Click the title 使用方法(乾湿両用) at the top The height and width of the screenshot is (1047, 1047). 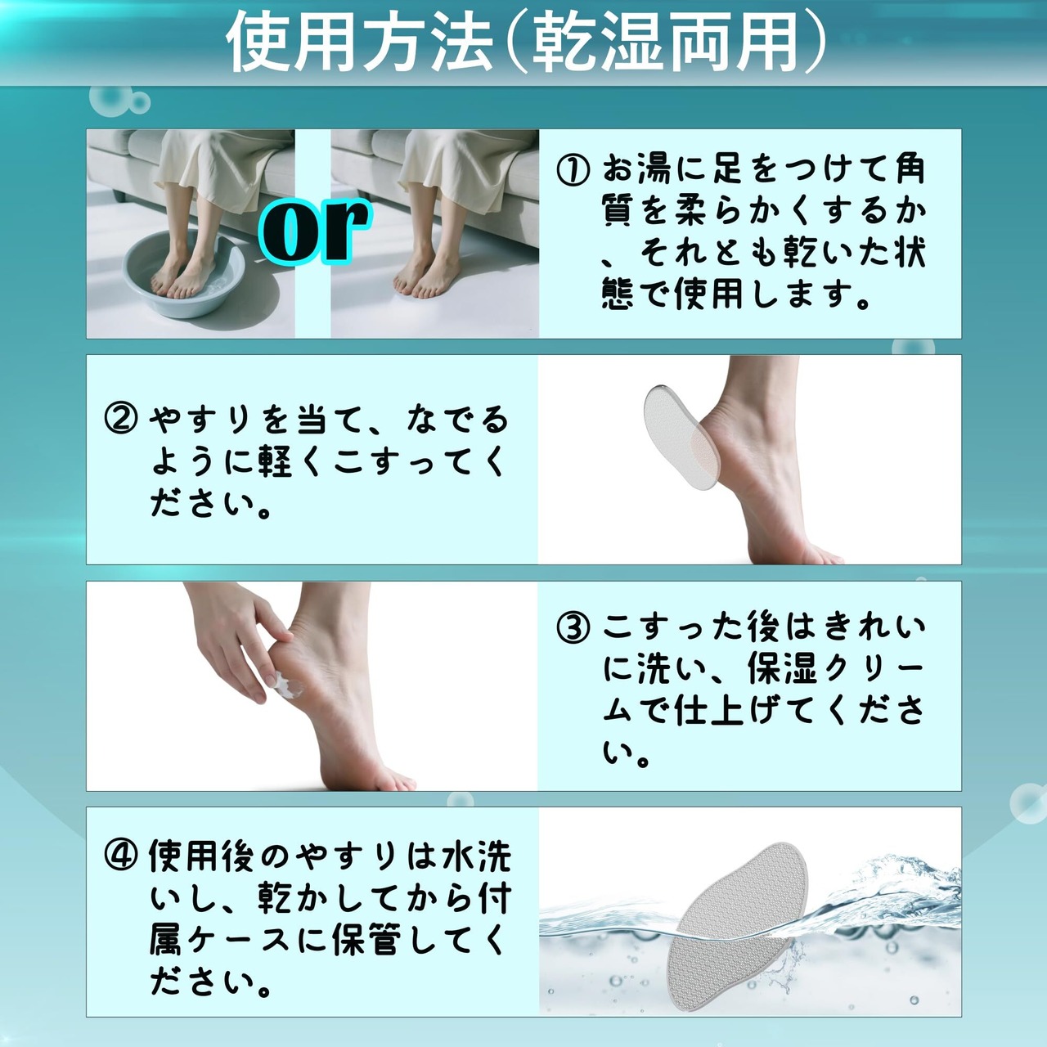coord(525,43)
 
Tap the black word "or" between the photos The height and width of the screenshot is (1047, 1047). coord(314,230)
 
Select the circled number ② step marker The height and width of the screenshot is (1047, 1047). coord(120,420)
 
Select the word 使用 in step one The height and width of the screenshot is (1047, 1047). coord(708,295)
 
